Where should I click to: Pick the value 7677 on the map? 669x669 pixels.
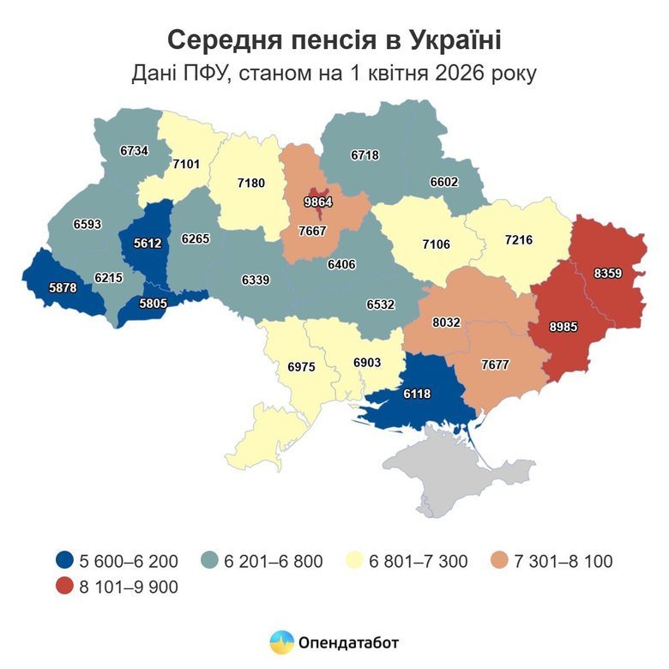point(495,364)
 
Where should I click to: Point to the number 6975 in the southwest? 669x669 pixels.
point(301,366)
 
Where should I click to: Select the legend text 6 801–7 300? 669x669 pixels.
point(419,562)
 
